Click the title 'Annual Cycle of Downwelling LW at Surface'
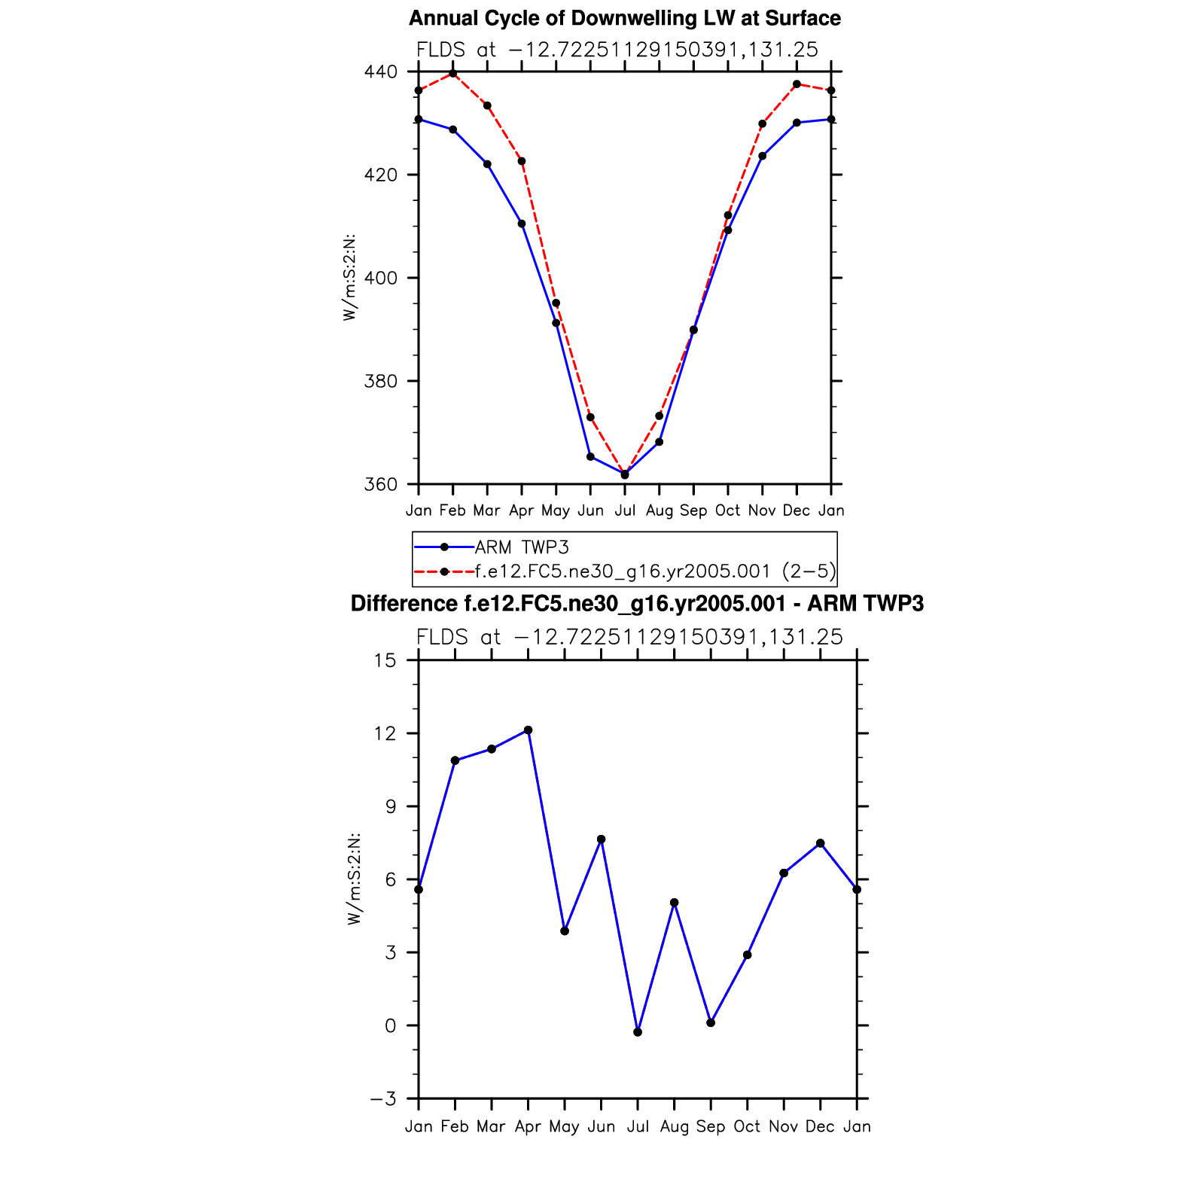(x=624, y=18)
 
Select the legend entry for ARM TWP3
(x=522, y=547)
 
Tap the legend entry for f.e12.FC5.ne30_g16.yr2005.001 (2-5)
(x=655, y=571)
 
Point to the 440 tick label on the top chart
(x=380, y=72)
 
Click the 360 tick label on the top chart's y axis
(x=380, y=485)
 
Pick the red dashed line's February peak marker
(x=453, y=74)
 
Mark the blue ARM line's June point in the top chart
(x=590, y=457)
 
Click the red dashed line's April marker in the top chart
(x=522, y=161)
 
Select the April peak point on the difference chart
(x=528, y=730)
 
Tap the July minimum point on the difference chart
(x=638, y=1032)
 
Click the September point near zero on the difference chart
(x=711, y=1022)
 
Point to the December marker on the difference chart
(x=820, y=843)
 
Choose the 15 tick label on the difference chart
(x=385, y=661)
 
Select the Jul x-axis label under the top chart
(x=625, y=510)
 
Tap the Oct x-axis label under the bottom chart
(x=747, y=1126)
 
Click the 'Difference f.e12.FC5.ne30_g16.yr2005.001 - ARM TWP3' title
(x=637, y=604)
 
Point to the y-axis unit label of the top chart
(x=349, y=278)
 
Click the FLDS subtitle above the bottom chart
(x=629, y=637)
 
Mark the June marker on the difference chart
(x=601, y=839)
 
